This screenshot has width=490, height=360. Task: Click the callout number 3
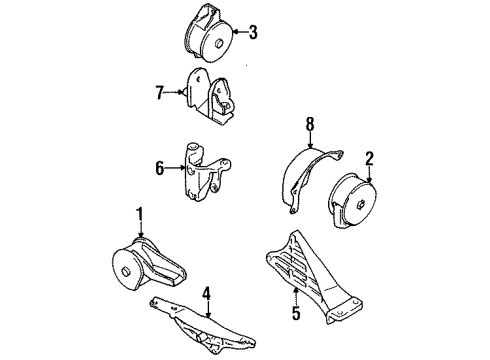click(253, 32)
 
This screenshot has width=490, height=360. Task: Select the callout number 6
click(158, 170)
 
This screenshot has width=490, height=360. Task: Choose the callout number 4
click(205, 295)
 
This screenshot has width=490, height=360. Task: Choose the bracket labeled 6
click(203, 171)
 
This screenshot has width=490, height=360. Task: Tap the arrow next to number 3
click(236, 32)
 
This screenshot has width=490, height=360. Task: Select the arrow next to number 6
click(174, 170)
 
